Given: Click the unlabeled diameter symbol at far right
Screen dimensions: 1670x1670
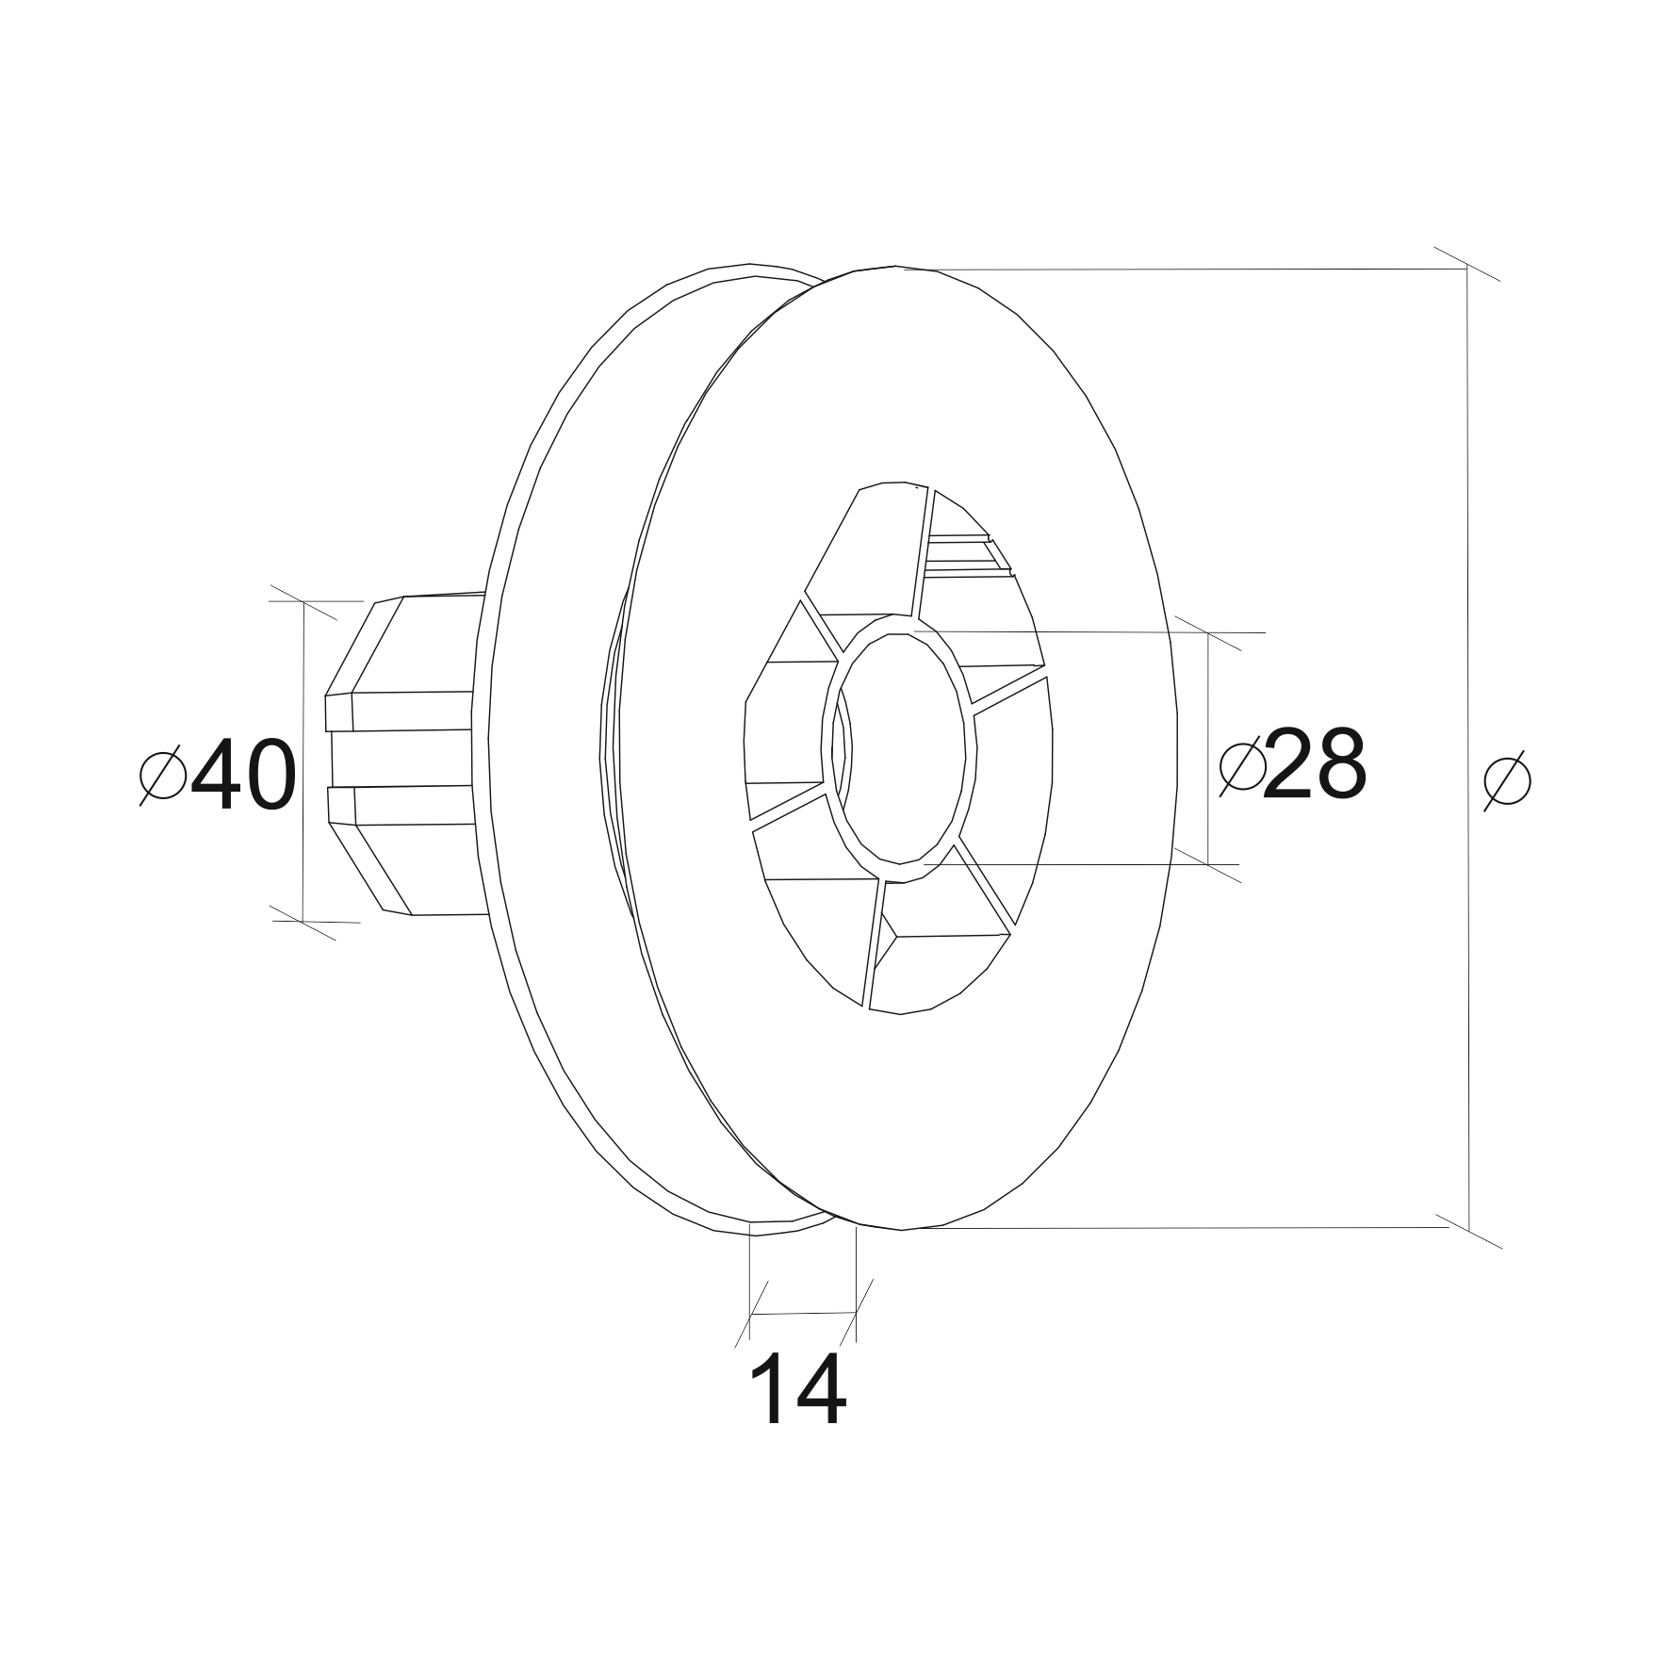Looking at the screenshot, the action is [x=1507, y=780].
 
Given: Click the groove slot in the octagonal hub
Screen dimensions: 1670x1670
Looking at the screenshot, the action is [x=400, y=759].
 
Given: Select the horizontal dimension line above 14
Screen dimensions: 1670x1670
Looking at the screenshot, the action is [x=803, y=1314].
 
